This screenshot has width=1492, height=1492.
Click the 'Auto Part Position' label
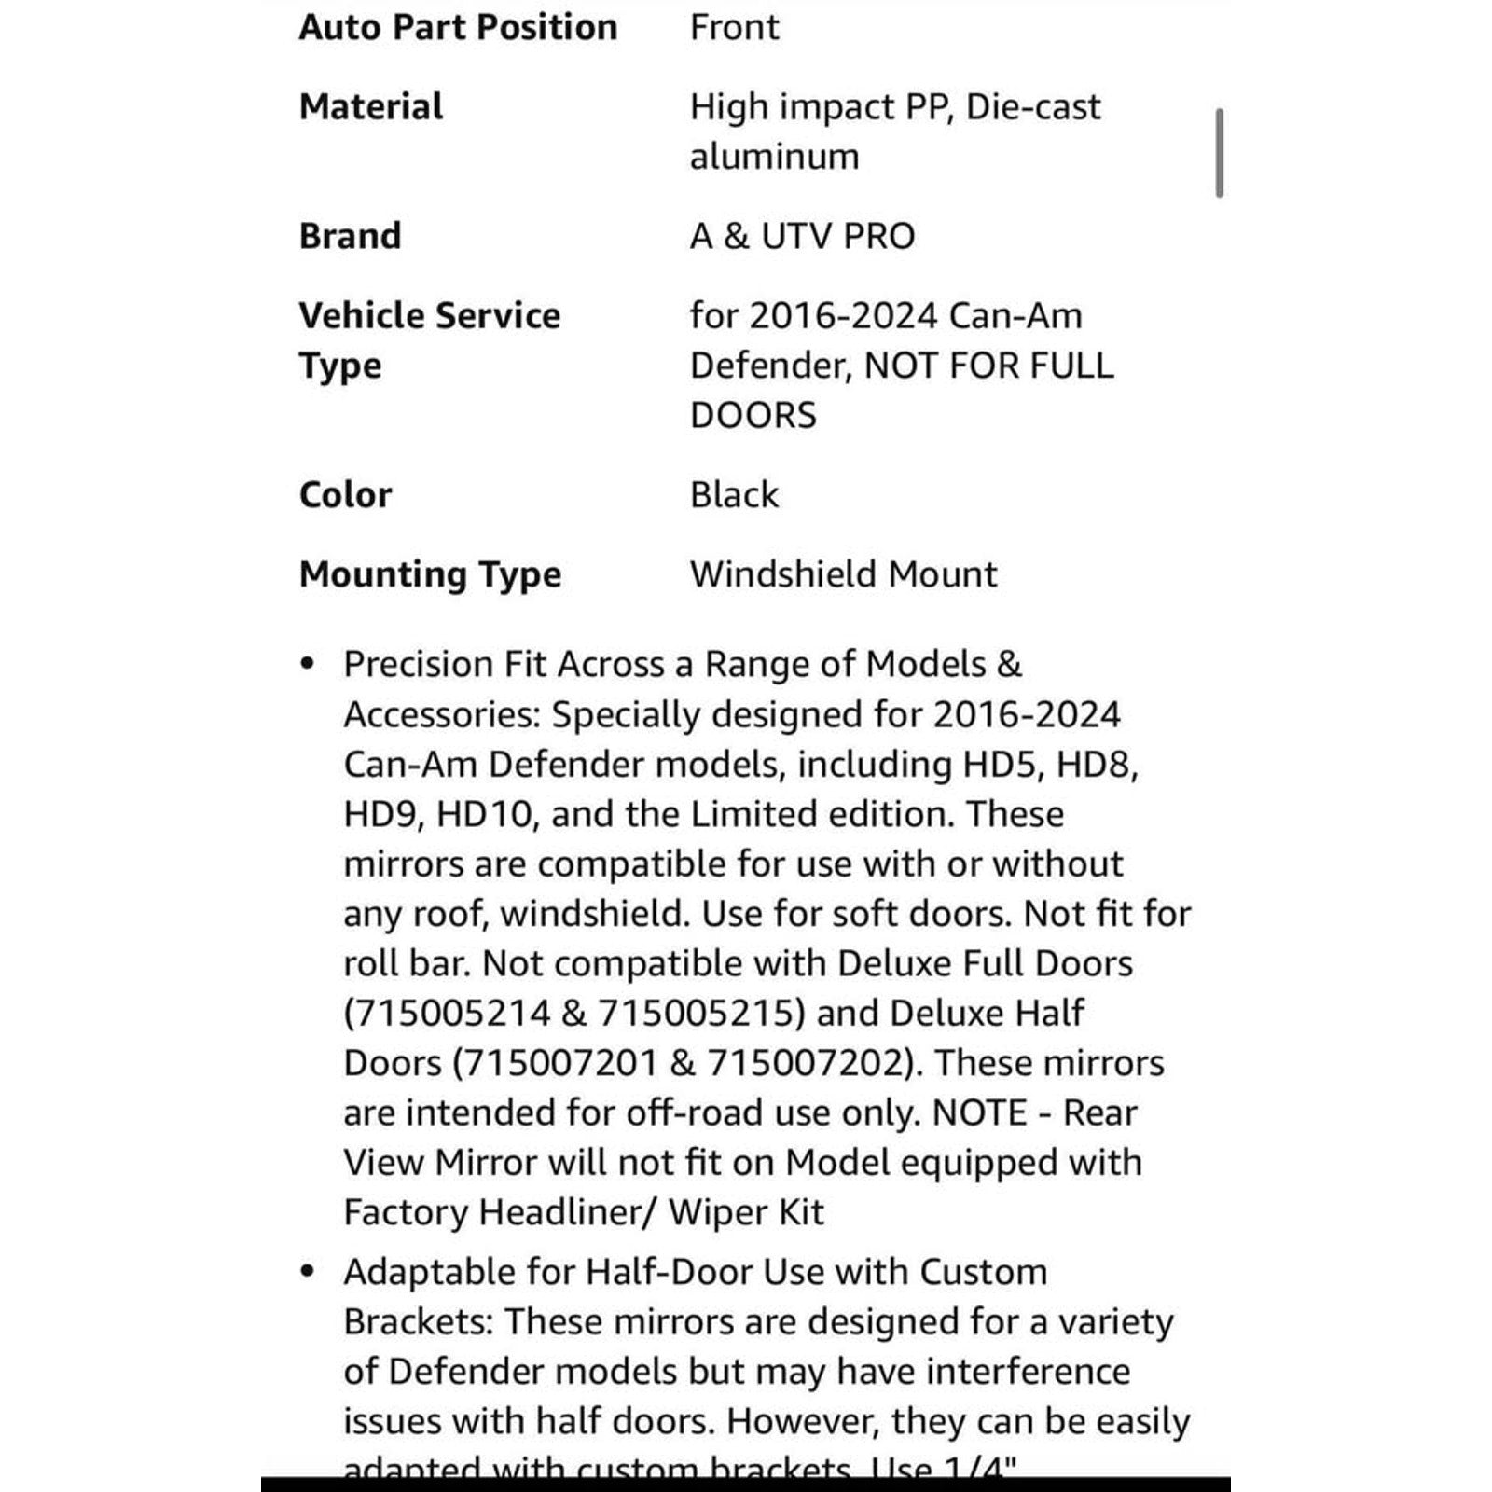click(x=458, y=27)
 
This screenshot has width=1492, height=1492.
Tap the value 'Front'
click(x=734, y=27)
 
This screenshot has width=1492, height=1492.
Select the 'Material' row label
click(x=371, y=106)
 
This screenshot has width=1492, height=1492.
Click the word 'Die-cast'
click(x=1033, y=106)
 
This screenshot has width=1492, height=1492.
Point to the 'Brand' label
click(x=350, y=236)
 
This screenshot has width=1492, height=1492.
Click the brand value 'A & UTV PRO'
click(x=802, y=236)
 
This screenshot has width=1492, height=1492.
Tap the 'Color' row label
click(x=345, y=494)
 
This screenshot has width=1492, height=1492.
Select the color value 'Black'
click(x=734, y=494)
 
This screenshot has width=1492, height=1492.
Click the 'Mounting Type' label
click(x=430, y=574)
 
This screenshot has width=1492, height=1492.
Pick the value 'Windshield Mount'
click(x=843, y=574)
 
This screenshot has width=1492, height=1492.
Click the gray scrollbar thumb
click(x=1219, y=153)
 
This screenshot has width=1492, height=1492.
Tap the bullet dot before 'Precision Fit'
click(x=308, y=664)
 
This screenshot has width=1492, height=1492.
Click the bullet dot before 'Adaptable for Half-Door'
click(x=308, y=1272)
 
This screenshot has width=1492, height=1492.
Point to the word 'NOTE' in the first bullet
click(x=979, y=1112)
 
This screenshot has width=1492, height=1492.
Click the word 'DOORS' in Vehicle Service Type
click(x=753, y=415)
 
